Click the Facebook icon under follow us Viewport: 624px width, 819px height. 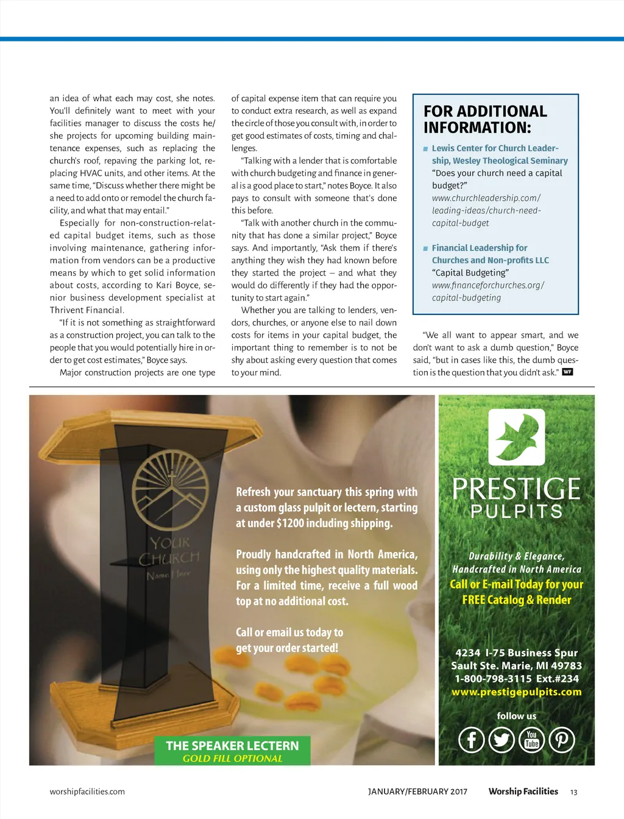pyautogui.click(x=471, y=740)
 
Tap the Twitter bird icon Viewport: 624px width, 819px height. pyautogui.click(x=502, y=740)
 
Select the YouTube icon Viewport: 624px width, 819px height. pyautogui.click(x=532, y=740)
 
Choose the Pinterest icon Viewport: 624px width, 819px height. pyautogui.click(x=562, y=740)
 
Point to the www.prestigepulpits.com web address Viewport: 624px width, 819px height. pyautogui.click(x=517, y=692)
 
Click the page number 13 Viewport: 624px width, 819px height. pyautogui.click(x=573, y=792)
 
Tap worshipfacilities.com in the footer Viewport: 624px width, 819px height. pyautogui.click(x=87, y=792)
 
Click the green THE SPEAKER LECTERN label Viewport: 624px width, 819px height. pyautogui.click(x=232, y=746)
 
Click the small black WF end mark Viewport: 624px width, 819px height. pyautogui.click(x=567, y=372)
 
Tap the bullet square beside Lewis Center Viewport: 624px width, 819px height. pyautogui.click(x=425, y=149)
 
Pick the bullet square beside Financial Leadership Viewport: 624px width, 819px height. pyautogui.click(x=425, y=249)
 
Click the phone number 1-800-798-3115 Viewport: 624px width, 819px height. pyautogui.click(x=493, y=679)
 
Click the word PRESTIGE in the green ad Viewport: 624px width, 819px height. pyautogui.click(x=517, y=489)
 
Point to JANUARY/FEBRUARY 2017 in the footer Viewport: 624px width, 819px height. pyautogui.click(x=417, y=792)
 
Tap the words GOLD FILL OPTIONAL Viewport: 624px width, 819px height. pyautogui.click(x=232, y=759)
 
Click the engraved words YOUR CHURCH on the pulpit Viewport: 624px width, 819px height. pyautogui.click(x=169, y=550)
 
